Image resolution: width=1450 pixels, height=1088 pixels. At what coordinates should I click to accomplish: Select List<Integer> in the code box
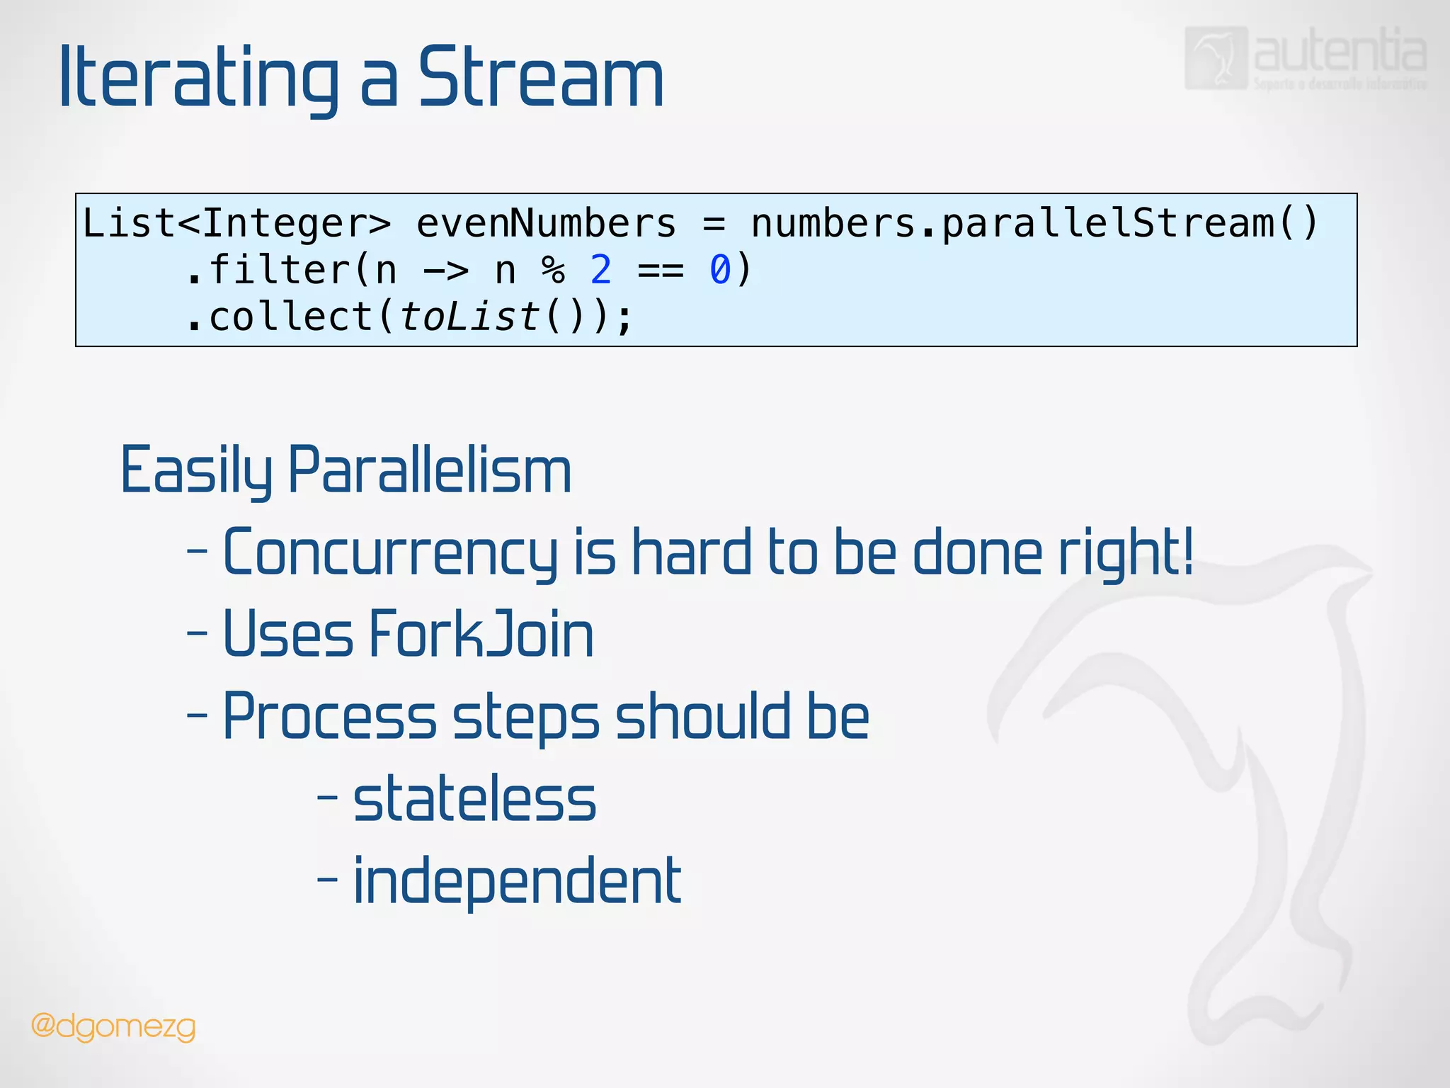(236, 224)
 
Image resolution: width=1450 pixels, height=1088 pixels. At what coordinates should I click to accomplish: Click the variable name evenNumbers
(546, 224)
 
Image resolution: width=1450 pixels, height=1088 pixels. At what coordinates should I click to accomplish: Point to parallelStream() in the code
(1129, 224)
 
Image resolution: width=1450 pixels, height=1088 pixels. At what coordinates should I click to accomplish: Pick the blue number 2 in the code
(600, 271)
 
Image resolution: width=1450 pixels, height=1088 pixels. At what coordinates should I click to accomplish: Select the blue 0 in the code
(719, 271)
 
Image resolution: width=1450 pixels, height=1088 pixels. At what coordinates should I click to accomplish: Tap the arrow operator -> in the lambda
(445, 271)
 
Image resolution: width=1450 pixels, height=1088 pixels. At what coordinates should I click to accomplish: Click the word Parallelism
(430, 470)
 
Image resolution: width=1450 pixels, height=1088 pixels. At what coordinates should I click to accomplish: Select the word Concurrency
(390, 552)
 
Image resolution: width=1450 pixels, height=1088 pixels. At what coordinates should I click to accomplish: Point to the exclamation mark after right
(1187, 551)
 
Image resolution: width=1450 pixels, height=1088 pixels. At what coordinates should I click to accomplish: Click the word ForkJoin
(481, 634)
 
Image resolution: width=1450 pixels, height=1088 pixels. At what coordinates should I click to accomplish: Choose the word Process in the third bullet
(329, 717)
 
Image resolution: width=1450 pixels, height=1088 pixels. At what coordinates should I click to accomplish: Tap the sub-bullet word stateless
(474, 799)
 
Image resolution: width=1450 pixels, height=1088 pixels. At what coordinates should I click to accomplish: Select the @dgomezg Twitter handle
(113, 1026)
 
